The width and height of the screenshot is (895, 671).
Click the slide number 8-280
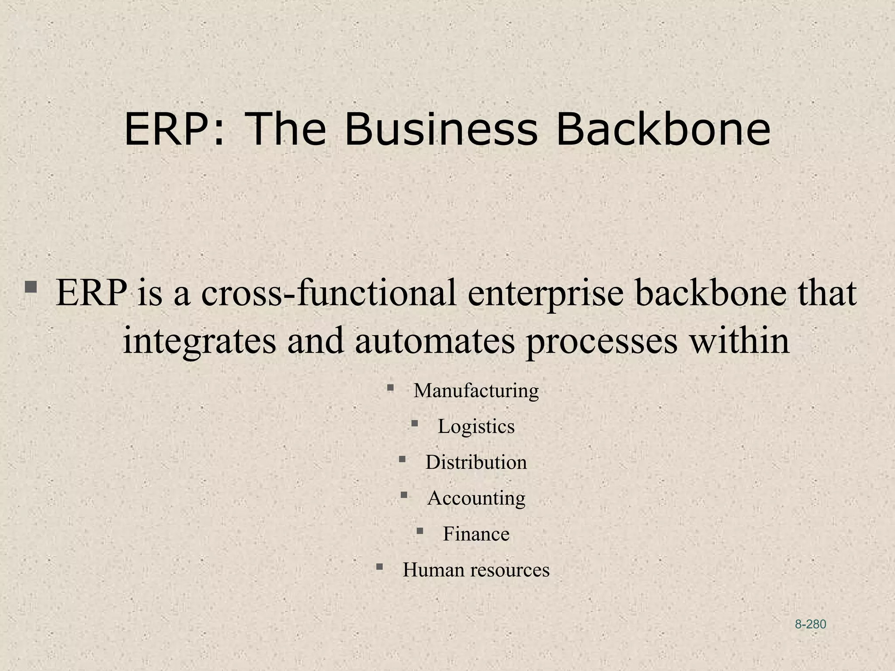[x=810, y=624]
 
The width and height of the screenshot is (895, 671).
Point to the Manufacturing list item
[x=476, y=390]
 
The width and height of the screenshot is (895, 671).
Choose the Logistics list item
[x=476, y=426]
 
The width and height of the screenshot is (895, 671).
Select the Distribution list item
[x=476, y=462]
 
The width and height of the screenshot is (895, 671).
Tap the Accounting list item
[x=476, y=498]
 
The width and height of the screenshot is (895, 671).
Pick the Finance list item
[x=476, y=534]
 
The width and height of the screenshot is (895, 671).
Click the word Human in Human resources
[x=433, y=570]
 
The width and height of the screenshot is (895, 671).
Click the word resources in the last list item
[x=510, y=570]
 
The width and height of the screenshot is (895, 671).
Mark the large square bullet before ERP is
[x=31, y=287]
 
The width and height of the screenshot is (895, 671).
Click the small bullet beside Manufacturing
[x=390, y=387]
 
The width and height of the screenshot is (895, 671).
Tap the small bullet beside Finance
[x=420, y=531]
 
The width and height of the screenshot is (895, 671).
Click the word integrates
[x=199, y=341]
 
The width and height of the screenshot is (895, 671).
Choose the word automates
[x=435, y=341]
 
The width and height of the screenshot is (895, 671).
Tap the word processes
[x=601, y=341]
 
